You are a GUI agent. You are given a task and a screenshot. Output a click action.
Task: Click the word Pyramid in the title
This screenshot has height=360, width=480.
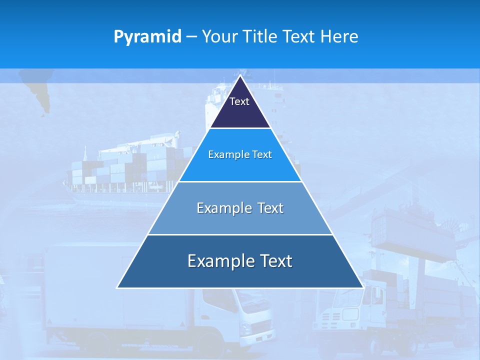tap(147, 37)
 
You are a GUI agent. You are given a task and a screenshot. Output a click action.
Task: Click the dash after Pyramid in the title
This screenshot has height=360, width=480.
tap(191, 37)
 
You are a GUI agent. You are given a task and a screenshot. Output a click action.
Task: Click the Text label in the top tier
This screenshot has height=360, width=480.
tap(239, 101)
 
